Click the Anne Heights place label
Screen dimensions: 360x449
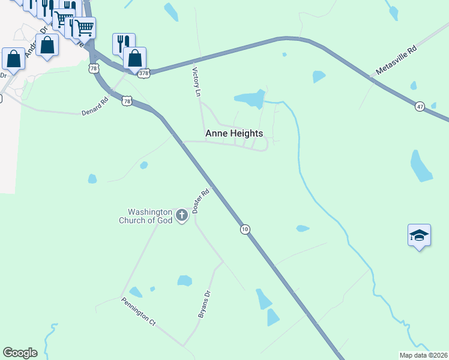pyautogui.click(x=234, y=134)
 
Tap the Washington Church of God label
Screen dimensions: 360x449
pyautogui.click(x=150, y=216)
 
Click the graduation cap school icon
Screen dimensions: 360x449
pyautogui.click(x=419, y=235)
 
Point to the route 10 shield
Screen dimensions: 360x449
pyautogui.click(x=244, y=229)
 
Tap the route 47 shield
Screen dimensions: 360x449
pyautogui.click(x=420, y=106)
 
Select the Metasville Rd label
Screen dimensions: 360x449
pyautogui.click(x=396, y=62)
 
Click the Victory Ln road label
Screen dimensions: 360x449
pyautogui.click(x=195, y=82)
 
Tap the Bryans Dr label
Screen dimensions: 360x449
pyautogui.click(x=205, y=304)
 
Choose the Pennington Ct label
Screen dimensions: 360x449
pyautogui.click(x=139, y=311)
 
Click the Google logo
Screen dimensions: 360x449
pyautogui.click(x=20, y=353)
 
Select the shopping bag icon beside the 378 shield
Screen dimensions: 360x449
pyautogui.click(x=135, y=58)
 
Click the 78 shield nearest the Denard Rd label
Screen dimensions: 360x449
pyautogui.click(x=126, y=101)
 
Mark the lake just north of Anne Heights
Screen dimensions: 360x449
pyautogui.click(x=250, y=99)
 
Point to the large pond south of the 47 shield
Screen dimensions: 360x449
pyautogui.click(x=421, y=166)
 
